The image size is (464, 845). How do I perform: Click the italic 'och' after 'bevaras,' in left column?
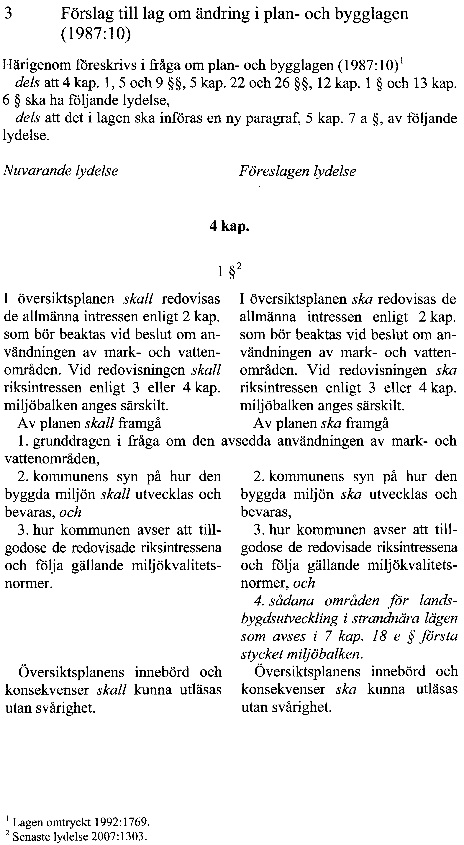[x=70, y=512]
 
